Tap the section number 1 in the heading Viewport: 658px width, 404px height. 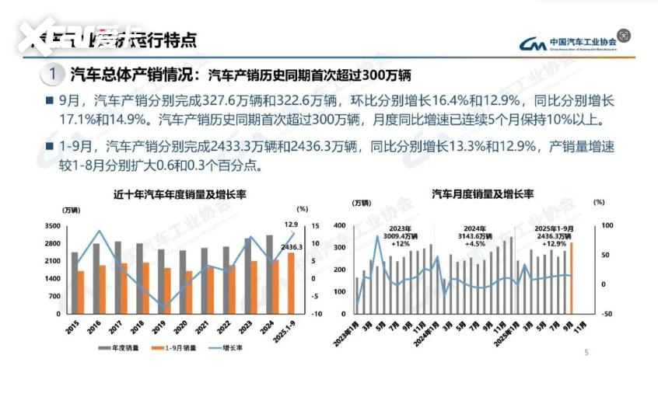pos(52,75)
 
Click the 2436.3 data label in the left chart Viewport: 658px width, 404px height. pos(292,247)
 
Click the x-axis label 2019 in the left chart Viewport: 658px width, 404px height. pos(159,327)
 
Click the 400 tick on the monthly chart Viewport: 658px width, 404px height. pos(339,226)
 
